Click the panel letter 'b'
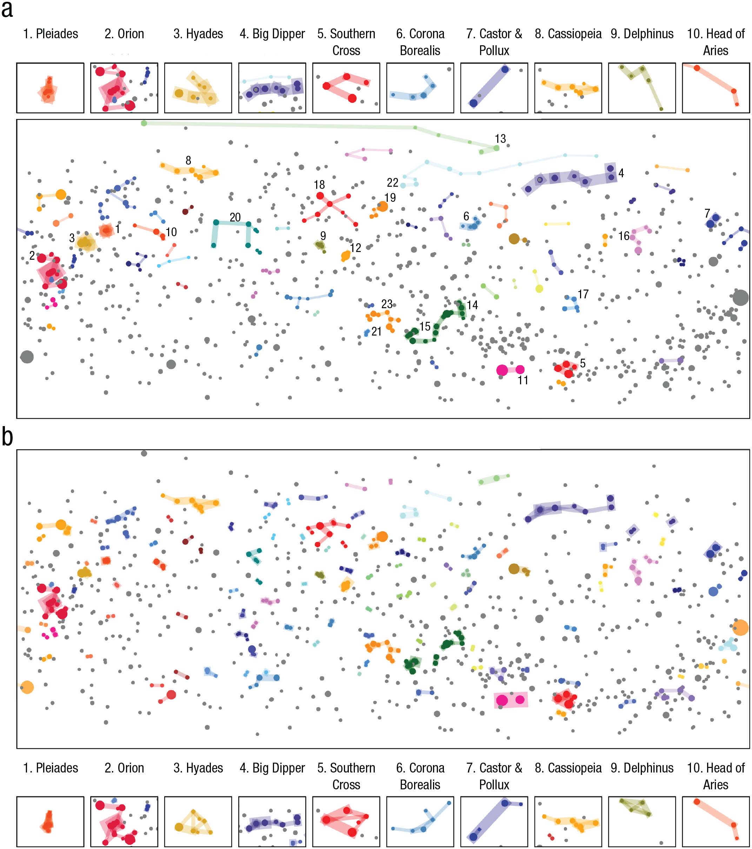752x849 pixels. tap(7, 437)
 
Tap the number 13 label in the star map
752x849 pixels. tap(500, 139)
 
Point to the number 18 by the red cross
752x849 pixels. tap(319, 184)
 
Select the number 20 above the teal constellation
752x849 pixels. tap(235, 217)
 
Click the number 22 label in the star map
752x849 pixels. tap(392, 183)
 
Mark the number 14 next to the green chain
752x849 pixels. tap(472, 305)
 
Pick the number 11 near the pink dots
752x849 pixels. tap(523, 380)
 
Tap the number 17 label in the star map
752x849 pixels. tap(583, 294)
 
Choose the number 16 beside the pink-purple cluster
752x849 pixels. tap(624, 236)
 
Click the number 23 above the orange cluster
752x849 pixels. tap(387, 304)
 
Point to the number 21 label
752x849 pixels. tap(376, 331)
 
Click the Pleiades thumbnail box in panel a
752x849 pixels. tap(50, 88)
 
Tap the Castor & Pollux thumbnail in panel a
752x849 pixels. tap(494, 88)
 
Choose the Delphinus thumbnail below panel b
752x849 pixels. tap(642, 822)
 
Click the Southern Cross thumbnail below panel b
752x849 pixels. tap(346, 822)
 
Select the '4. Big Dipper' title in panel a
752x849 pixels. tap(272, 34)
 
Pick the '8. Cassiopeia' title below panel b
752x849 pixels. tap(568, 768)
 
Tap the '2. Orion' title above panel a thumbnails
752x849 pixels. tap(124, 34)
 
